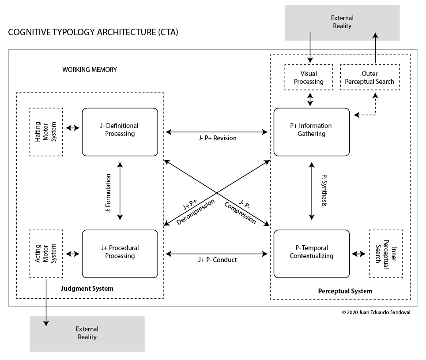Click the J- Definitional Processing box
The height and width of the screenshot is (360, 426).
point(120,132)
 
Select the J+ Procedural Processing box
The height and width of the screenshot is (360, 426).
point(120,254)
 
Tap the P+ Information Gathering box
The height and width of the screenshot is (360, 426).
point(312,132)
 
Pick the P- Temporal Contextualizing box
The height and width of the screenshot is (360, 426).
point(312,254)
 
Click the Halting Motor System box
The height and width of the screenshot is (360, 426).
point(46,132)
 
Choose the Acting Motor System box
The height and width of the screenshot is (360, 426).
point(46,254)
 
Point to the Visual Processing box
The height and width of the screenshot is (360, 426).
point(309,77)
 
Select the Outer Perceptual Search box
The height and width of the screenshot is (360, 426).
point(370,77)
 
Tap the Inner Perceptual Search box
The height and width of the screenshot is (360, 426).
point(386,254)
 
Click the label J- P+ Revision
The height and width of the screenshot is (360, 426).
point(217,138)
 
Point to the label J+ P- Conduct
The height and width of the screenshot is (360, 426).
point(217,260)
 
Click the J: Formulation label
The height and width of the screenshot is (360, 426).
point(108,193)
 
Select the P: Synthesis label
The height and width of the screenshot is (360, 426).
point(324,190)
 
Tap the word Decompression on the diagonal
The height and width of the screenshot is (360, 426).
point(195,212)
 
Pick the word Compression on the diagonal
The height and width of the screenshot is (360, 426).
point(240,213)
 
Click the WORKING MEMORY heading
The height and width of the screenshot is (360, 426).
point(90,70)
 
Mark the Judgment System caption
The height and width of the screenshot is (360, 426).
point(87,289)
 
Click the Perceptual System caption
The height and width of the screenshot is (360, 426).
point(345,291)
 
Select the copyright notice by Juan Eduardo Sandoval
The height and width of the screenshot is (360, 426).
point(376,312)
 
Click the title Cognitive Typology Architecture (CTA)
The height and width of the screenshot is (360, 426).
point(93,32)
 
